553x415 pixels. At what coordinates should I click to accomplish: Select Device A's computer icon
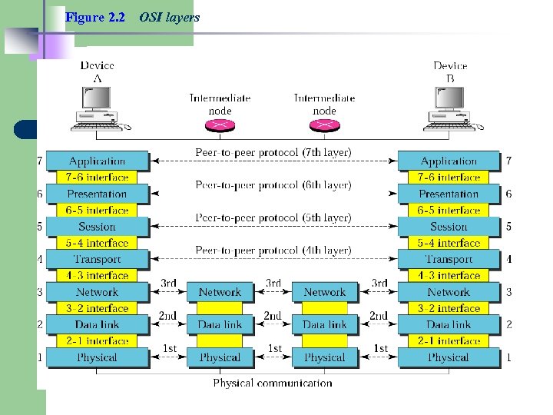point(96,108)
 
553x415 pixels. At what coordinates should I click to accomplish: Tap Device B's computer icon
point(449,108)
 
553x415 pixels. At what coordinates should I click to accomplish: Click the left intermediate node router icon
point(220,127)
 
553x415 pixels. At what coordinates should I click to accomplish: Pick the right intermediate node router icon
point(324,127)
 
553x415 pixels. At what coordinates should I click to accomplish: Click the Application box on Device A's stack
point(97,161)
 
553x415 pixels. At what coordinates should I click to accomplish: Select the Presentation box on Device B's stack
point(449,194)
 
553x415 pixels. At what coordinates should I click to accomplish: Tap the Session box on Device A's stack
point(97,227)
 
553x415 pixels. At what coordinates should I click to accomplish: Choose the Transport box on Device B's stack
point(449,260)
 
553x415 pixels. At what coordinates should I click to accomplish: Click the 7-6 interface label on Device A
point(97,178)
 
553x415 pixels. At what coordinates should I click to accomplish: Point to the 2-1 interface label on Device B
point(449,341)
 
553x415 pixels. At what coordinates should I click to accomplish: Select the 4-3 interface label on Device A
point(97,276)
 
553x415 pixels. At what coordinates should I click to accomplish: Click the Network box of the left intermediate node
point(220,292)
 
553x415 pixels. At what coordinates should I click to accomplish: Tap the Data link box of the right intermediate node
point(324,325)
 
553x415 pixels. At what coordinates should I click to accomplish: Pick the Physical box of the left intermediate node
point(220,357)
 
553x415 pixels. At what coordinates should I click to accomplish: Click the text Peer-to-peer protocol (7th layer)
point(273,153)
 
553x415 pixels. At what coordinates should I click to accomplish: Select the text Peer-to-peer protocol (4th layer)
point(273,251)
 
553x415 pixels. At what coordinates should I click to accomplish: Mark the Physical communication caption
point(273,383)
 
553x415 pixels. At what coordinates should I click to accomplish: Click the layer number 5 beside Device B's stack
point(508,227)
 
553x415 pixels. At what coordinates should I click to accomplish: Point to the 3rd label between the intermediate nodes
point(273,284)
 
